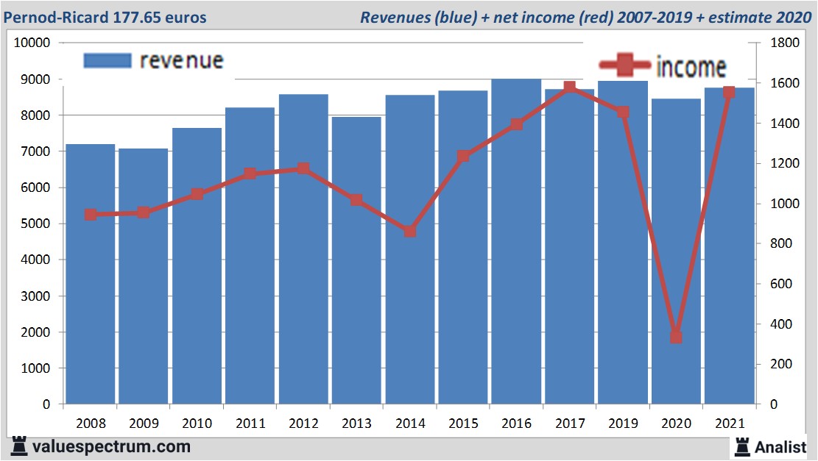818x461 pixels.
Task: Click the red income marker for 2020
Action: pos(676,337)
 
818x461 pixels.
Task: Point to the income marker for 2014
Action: pos(410,231)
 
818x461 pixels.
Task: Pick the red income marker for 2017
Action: pos(570,87)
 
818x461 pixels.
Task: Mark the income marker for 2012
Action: pos(303,169)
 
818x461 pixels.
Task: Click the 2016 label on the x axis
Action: pos(516,424)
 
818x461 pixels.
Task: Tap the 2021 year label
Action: pos(729,424)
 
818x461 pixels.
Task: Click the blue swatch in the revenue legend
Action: pos(107,60)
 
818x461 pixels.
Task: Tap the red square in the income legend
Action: pos(624,67)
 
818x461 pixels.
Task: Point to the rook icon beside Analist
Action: pos(741,446)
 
